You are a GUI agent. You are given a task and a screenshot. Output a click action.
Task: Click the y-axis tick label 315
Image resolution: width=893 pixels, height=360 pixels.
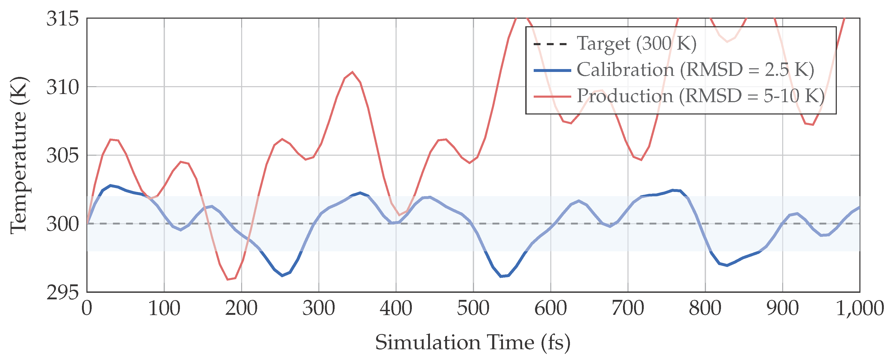click(x=63, y=18)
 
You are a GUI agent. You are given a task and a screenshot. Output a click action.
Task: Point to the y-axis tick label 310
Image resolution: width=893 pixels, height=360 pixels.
click(x=63, y=87)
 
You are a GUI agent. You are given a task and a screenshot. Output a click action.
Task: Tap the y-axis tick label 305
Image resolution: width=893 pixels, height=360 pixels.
click(x=63, y=155)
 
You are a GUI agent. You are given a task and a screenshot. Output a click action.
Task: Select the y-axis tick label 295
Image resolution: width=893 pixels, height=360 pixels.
click(x=63, y=293)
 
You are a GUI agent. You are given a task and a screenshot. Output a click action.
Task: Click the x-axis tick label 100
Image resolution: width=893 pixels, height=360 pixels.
click(x=164, y=308)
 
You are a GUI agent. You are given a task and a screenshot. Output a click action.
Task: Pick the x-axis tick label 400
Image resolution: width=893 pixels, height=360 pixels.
click(x=396, y=308)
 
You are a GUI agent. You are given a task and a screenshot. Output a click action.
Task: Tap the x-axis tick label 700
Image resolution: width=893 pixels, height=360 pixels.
click(x=628, y=308)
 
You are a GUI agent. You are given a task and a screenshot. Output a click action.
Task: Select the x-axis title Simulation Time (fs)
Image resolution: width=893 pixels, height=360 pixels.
click(x=473, y=342)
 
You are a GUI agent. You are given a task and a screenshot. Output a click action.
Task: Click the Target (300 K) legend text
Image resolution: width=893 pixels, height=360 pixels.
click(x=636, y=44)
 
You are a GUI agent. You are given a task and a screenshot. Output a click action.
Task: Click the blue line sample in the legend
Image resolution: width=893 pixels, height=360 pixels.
click(x=552, y=70)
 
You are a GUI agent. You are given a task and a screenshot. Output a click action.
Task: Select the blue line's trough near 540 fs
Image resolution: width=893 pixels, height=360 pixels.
click(x=501, y=276)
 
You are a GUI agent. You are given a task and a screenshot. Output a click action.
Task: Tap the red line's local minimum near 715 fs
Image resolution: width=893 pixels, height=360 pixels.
click(x=641, y=160)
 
